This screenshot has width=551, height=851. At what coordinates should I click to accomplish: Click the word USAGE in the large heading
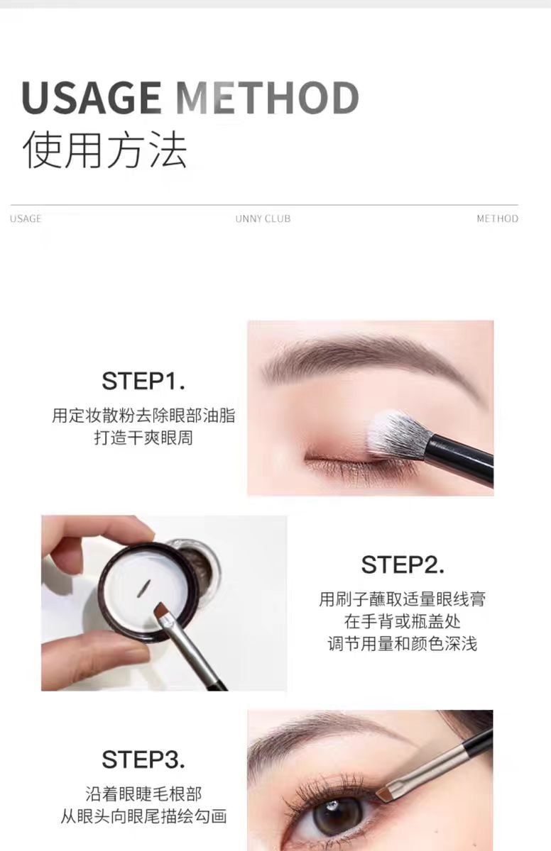click(92, 98)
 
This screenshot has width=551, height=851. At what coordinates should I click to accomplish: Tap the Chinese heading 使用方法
click(105, 150)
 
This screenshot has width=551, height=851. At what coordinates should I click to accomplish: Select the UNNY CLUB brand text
click(263, 219)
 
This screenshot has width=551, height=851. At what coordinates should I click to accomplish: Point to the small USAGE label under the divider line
click(26, 219)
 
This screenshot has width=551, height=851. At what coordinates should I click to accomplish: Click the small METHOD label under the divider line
click(497, 219)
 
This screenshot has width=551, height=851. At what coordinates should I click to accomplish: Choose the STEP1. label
click(143, 381)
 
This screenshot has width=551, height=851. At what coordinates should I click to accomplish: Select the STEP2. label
click(403, 564)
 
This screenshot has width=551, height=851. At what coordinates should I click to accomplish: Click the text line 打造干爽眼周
click(143, 438)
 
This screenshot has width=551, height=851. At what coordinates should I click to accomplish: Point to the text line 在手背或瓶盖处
click(403, 622)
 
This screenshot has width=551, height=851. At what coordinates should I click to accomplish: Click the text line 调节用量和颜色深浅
click(403, 644)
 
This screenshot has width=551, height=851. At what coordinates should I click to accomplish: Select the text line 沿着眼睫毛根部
click(143, 794)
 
